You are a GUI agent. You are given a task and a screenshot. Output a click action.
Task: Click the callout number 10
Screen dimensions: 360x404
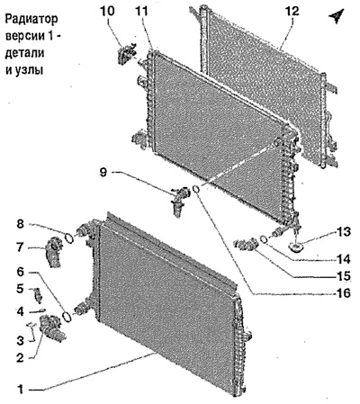pos(108,11)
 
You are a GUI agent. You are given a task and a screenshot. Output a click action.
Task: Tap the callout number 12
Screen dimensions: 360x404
pos(292,11)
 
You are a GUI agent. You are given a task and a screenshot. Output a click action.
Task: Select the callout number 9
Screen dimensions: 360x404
pos(103,173)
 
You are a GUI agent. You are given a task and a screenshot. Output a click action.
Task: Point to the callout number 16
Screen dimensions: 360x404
pos(343,292)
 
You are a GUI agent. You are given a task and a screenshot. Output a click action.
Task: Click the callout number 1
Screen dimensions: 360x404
pos(21,390)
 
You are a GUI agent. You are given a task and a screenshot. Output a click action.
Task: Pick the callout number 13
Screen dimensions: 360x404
pos(343,232)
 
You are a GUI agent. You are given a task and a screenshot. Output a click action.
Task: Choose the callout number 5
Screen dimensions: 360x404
pos(20,289)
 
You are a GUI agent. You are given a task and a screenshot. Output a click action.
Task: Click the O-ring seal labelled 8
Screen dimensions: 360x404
pos(69,238)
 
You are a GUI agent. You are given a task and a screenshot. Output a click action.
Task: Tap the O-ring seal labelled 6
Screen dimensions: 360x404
pos(67,317)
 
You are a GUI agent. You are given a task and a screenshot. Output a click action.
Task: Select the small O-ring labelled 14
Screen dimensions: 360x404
pos(264,239)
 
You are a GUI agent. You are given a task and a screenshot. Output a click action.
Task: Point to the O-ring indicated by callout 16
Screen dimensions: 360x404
pos(196,189)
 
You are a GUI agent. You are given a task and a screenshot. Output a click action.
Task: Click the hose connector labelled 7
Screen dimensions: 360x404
pos(53,251)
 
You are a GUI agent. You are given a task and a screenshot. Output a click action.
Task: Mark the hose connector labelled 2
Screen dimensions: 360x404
pos(51,328)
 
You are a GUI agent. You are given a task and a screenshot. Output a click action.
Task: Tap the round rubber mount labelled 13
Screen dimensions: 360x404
pos(295,247)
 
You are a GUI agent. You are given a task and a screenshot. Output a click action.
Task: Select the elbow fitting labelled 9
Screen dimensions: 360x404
pos(179,200)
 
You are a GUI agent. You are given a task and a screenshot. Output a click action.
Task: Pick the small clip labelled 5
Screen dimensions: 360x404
pos(38,294)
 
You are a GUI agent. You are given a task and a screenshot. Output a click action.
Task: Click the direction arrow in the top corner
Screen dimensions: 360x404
pos(336,16)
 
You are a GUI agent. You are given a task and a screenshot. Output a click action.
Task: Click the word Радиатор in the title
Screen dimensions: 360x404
pos(31,20)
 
